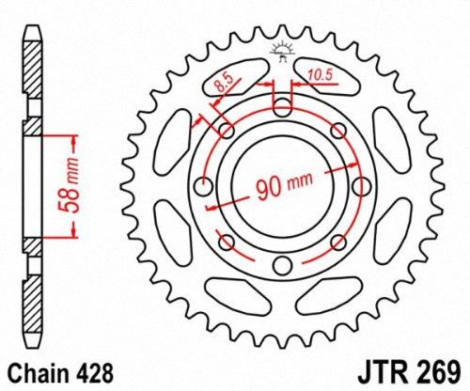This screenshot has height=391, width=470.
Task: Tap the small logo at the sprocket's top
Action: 281,49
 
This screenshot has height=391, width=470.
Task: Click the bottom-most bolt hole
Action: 281,270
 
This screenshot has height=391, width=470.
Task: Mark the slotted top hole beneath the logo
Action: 281,105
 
